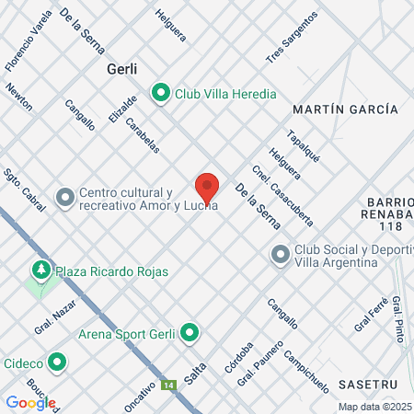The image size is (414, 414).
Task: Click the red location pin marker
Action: coord(208,187)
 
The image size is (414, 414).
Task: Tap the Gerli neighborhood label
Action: coord(122,69)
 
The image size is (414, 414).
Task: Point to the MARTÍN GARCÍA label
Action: coord(345,109)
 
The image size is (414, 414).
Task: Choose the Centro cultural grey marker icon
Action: coord(65,198)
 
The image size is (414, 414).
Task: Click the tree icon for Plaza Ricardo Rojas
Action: coord(40,270)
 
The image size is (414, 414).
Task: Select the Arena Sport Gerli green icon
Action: coord(190,332)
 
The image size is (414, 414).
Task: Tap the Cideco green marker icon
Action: coord(57,362)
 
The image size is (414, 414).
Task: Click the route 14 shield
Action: coord(168,385)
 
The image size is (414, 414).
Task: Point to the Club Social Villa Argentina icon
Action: coord(281,255)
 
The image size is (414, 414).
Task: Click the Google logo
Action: coord(30,402)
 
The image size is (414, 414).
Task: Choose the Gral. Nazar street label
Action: coord(54,322)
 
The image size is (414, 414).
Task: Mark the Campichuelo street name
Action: coord(306,370)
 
